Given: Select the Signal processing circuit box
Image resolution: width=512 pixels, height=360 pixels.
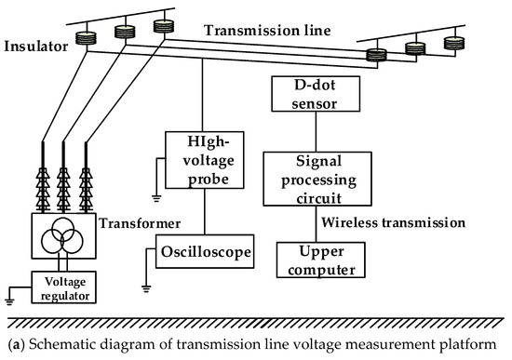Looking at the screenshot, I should pos(309,178).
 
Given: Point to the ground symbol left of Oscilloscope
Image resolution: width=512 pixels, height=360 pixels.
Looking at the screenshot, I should pos(143,280).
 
